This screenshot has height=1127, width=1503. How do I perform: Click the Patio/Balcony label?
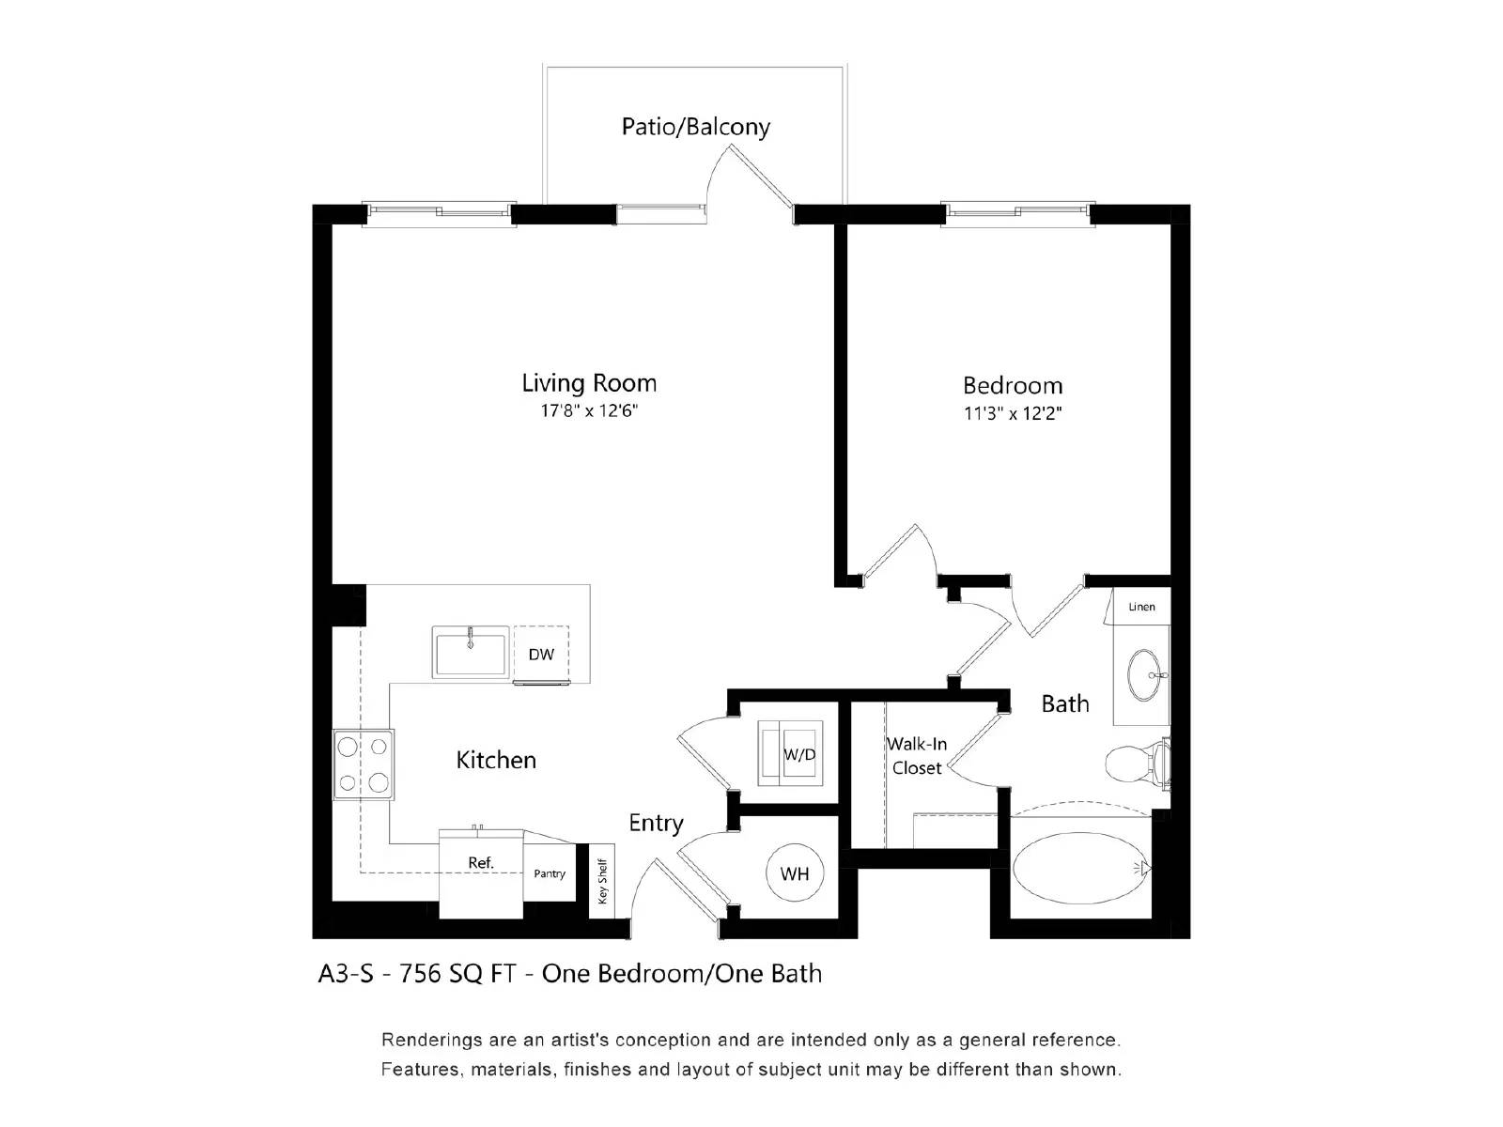coord(695,127)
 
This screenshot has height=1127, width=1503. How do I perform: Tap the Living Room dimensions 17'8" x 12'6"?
coord(589,411)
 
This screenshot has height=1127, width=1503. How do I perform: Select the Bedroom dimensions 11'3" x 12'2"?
coord(1013,413)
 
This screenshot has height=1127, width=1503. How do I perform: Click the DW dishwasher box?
coord(541,654)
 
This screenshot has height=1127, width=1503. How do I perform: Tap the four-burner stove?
coord(364,764)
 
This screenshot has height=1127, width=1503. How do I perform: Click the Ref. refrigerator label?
coord(481,863)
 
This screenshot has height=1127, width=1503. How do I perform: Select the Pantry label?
coord(550,873)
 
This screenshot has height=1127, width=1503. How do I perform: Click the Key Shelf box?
coord(602,879)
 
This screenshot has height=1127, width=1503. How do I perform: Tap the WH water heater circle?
coord(795,874)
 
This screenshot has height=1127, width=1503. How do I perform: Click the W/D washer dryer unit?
coord(791,753)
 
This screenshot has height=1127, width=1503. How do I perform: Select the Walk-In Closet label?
coord(917,756)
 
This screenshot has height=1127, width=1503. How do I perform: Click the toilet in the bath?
coord(1135,763)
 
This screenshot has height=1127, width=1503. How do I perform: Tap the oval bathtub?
coord(1080,868)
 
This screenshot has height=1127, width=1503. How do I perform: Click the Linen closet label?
coord(1142,607)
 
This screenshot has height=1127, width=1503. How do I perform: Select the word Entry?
coord(656,824)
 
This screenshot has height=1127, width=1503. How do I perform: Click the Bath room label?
coord(1065,703)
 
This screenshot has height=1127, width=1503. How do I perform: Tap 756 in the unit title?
coord(420,974)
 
